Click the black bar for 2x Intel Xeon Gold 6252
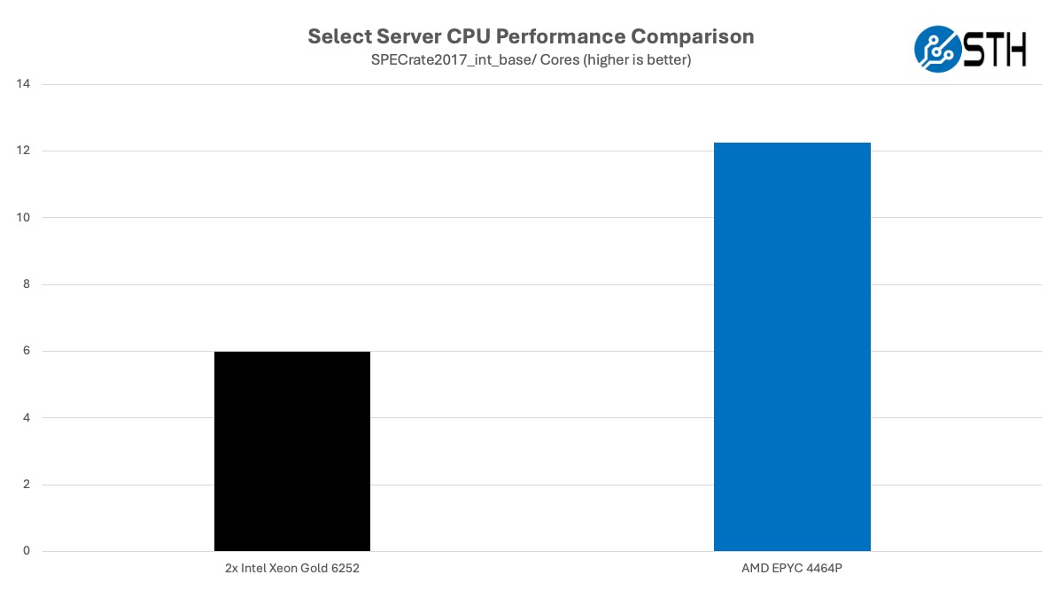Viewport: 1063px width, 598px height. (292, 451)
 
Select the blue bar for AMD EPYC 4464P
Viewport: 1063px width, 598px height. (792, 346)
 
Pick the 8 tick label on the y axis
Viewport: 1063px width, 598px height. (26, 284)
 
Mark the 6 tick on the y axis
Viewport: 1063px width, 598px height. (26, 351)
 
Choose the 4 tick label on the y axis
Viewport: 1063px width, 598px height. (26, 417)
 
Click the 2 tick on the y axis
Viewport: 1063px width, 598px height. (26, 485)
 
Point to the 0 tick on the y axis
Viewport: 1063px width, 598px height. (26, 551)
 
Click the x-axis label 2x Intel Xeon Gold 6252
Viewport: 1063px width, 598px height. (292, 569)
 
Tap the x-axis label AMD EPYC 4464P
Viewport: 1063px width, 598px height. (792, 569)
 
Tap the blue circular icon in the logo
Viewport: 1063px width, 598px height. (937, 48)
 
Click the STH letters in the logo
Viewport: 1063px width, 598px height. (995, 48)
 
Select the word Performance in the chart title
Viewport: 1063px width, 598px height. (557, 36)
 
